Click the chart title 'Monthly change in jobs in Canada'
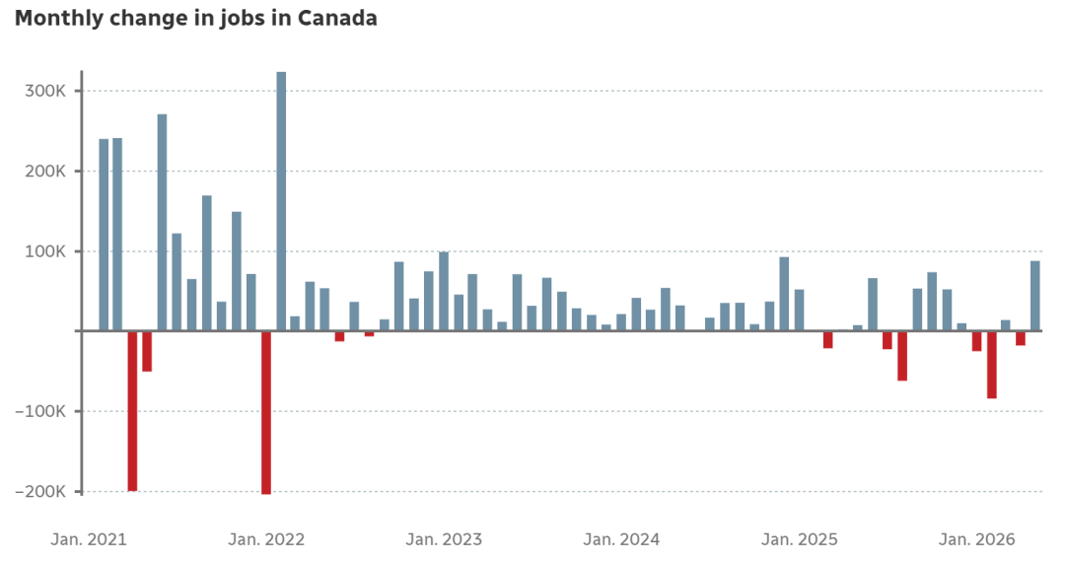[195, 19]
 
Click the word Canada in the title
[337, 18]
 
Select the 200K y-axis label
[45, 171]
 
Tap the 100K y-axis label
[46, 251]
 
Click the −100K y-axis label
[40, 411]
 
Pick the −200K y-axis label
[40, 491]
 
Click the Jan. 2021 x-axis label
[89, 539]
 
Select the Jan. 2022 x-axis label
[266, 539]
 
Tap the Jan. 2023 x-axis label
[444, 539]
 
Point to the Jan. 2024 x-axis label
[621, 539]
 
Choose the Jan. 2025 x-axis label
[800, 539]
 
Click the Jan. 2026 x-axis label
[976, 539]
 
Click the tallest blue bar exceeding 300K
[281, 201]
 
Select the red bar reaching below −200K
[266, 413]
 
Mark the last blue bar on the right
[1035, 296]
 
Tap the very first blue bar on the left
[104, 235]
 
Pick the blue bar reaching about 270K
[163, 223]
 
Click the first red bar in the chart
[132, 411]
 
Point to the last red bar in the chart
[1021, 338]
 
